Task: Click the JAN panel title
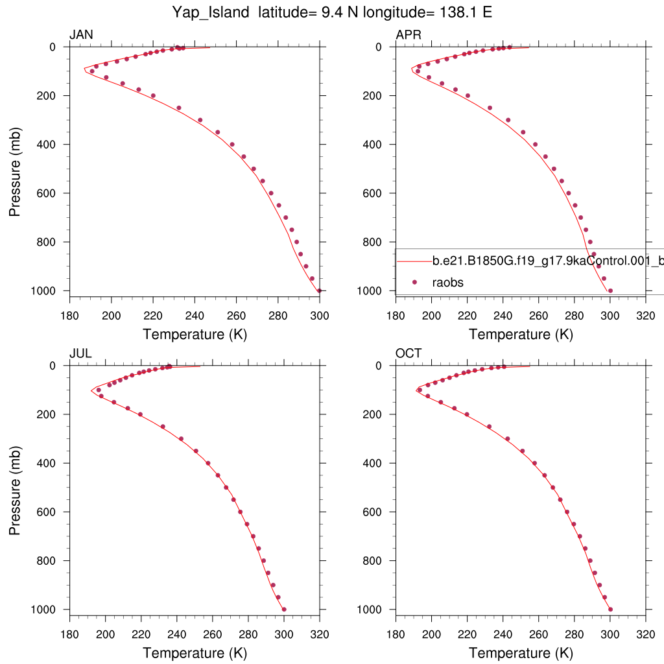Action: click(x=81, y=35)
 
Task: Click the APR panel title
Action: click(x=409, y=35)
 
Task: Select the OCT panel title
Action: click(x=409, y=353)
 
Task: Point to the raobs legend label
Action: click(x=448, y=282)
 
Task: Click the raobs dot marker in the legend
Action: click(x=414, y=282)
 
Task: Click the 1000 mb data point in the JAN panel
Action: click(x=319, y=290)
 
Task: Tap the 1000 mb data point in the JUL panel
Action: click(x=284, y=609)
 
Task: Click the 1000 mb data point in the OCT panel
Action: click(x=610, y=609)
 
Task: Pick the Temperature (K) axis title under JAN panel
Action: click(x=195, y=335)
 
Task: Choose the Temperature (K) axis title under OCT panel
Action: click(x=521, y=653)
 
